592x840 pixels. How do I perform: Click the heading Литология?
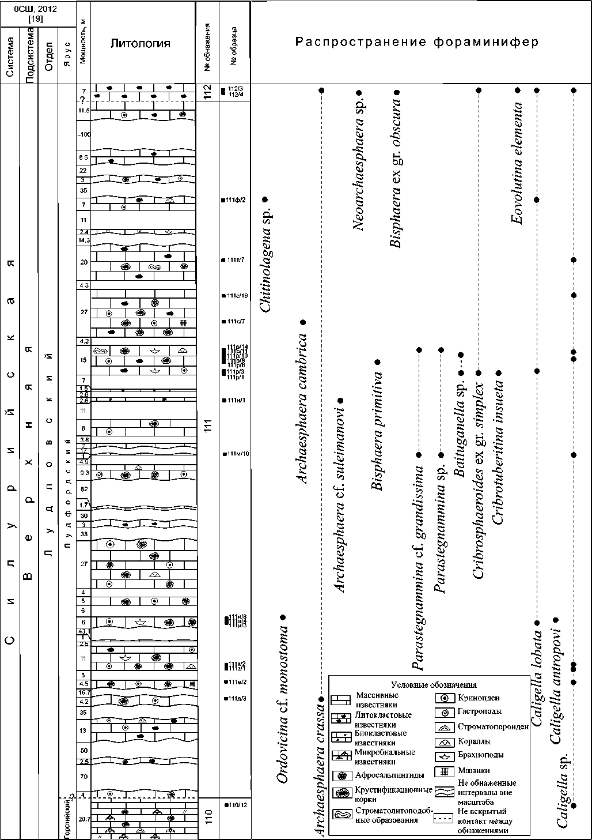tap(141, 43)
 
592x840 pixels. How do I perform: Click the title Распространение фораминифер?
tap(417, 42)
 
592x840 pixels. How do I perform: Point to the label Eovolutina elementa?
tap(517, 163)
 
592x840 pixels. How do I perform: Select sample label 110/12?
tap(237, 804)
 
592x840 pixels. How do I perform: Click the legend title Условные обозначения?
tap(434, 685)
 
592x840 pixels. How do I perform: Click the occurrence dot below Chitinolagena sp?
tap(265, 199)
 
